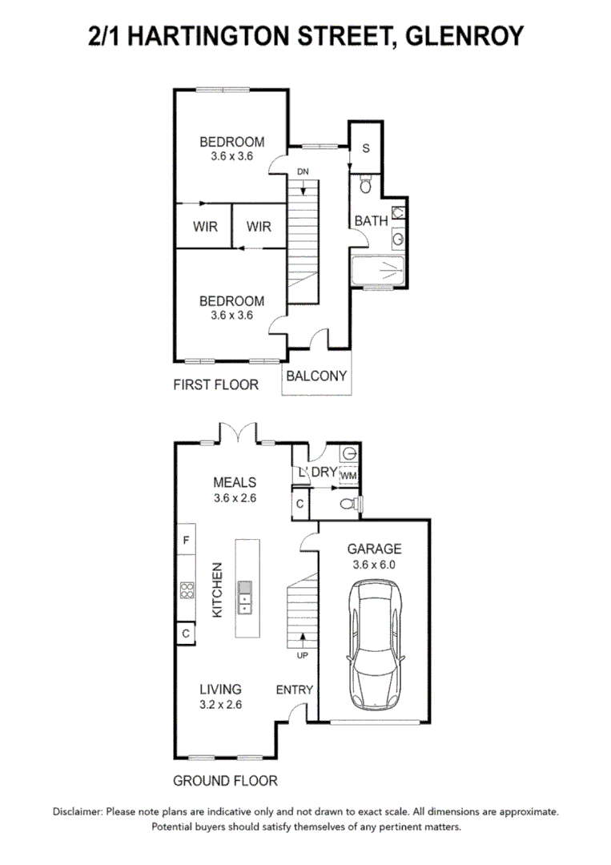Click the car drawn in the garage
[375, 644]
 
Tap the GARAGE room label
[375, 549]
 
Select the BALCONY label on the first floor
[316, 376]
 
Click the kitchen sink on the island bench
[244, 597]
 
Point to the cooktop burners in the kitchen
[187, 590]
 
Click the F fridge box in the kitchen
[187, 540]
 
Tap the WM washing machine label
[348, 476]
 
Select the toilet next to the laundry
[350, 503]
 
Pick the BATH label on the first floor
[371, 221]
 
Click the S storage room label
[366, 148]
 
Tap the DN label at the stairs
[303, 172]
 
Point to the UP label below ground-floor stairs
[302, 655]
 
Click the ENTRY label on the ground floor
[295, 690]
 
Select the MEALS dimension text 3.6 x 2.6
[235, 498]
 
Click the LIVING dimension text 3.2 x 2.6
[220, 705]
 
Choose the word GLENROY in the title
[464, 36]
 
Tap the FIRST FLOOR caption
[215, 384]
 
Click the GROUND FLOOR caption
[225, 781]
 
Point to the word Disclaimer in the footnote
[77, 811]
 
